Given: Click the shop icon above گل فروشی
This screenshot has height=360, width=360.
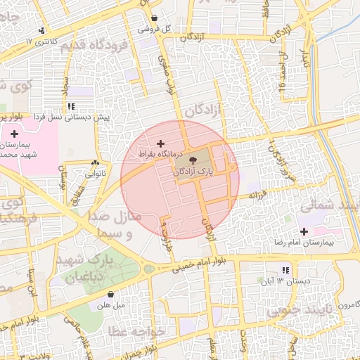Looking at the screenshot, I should point(154,18).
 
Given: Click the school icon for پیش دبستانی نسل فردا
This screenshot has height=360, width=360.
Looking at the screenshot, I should point(70,106).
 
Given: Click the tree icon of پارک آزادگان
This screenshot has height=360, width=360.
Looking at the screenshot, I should point(204,161).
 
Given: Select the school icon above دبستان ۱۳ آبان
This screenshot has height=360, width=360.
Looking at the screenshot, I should point(285,270).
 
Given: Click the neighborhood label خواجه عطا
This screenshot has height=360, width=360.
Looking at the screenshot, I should point(137,330).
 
